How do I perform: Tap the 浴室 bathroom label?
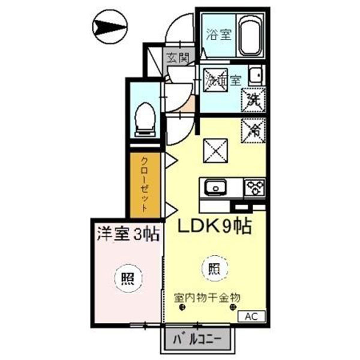click(x=218, y=34)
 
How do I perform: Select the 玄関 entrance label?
click(x=178, y=59)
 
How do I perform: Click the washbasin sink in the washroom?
click(x=254, y=76)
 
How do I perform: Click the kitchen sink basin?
click(x=215, y=188)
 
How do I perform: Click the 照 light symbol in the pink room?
click(x=128, y=278)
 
